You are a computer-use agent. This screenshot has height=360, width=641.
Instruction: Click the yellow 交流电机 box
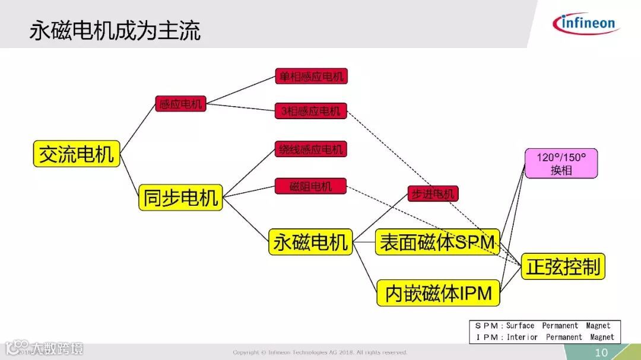pos(76,154)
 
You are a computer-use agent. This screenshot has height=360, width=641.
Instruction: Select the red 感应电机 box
pos(180,104)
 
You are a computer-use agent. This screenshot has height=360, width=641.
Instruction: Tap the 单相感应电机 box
pos(310,76)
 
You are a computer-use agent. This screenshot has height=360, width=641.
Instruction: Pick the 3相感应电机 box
pos(310,111)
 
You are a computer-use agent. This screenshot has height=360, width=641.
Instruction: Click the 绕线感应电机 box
pos(310,149)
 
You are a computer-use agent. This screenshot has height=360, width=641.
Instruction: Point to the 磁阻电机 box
pos(310,186)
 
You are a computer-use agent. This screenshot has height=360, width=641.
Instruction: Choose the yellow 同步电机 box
pos(180,197)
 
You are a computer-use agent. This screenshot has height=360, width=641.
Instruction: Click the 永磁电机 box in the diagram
pos(310,242)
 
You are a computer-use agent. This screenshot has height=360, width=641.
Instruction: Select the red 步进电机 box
pos(433,194)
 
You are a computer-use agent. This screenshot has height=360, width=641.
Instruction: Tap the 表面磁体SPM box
pos(437,242)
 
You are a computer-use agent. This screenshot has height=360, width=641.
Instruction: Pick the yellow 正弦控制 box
pos(563,267)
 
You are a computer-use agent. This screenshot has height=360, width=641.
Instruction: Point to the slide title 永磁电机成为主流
pos(115,30)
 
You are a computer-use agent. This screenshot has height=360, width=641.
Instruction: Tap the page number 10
pos(602,352)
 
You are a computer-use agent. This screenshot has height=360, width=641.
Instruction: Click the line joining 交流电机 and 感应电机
pos(137,128)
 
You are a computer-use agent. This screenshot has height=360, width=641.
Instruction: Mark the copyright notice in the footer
pos(320,352)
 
